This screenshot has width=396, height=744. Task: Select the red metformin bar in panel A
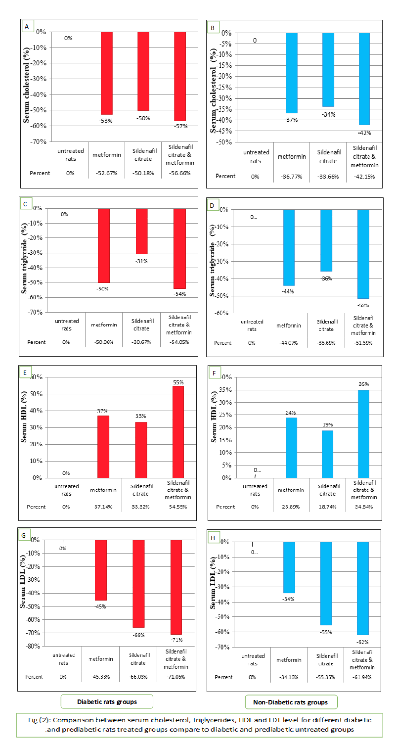click(x=107, y=73)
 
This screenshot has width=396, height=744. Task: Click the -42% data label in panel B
click(x=365, y=133)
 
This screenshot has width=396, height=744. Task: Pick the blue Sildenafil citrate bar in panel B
click(x=328, y=70)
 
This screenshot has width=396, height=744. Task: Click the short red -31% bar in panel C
click(x=142, y=231)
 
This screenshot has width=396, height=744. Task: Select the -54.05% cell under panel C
click(x=179, y=342)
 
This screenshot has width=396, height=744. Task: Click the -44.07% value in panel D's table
click(x=289, y=343)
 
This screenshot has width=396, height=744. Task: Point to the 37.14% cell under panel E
click(x=104, y=507)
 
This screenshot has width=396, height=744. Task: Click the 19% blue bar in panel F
click(x=327, y=454)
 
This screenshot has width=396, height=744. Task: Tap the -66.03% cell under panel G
click(x=138, y=677)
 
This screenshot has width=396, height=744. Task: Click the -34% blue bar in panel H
click(x=289, y=567)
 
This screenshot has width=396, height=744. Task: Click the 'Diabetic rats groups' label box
click(x=107, y=702)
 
